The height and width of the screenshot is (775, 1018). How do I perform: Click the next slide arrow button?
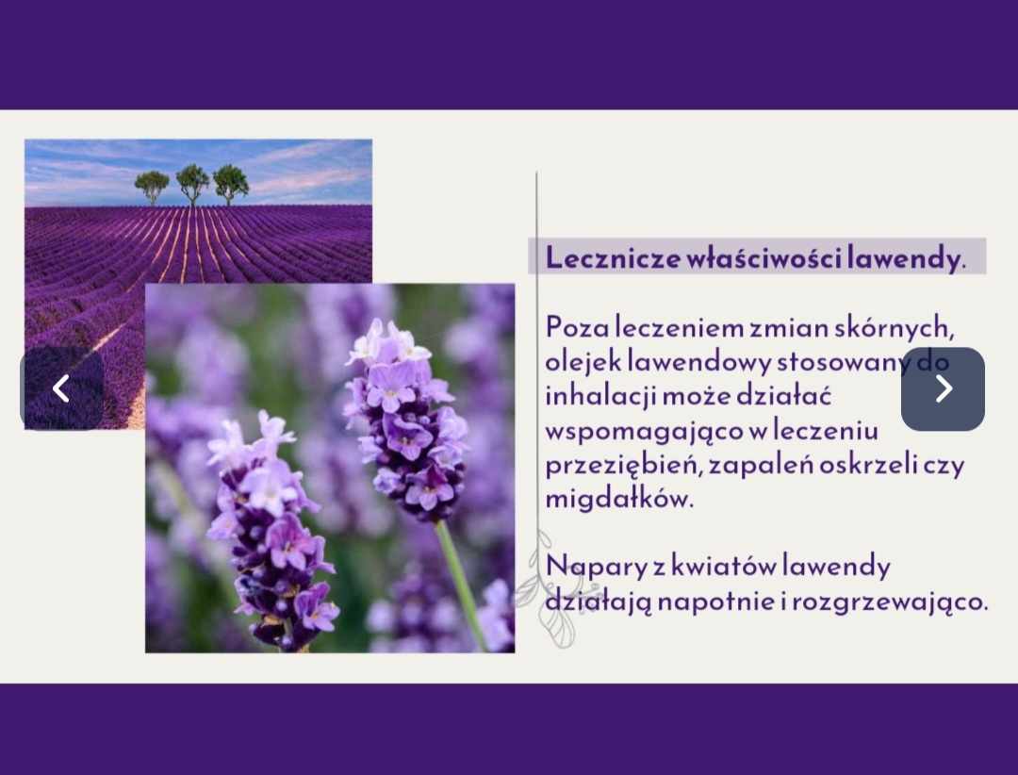943,388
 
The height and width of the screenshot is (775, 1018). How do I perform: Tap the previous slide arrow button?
61,388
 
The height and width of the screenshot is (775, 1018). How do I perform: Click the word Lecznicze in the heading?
613,258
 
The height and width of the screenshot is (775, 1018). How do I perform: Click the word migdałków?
619,500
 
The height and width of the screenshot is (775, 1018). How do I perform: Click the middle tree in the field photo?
193,184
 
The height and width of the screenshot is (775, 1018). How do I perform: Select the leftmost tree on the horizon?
152,187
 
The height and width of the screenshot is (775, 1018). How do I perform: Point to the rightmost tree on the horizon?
231,184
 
